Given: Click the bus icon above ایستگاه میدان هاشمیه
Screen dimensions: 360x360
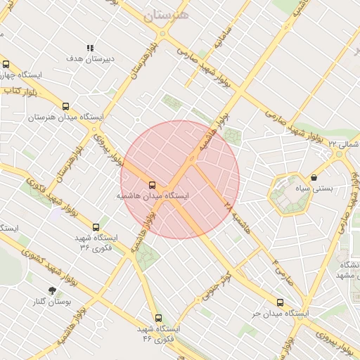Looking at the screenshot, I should [153, 185].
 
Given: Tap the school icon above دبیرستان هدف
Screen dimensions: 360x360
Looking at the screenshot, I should [90, 48].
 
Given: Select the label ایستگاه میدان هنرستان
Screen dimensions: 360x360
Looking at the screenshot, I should [65, 117].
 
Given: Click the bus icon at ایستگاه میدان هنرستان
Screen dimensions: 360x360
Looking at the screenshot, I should [66, 105].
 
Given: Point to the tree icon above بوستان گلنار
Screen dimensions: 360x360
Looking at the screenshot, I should [52, 290].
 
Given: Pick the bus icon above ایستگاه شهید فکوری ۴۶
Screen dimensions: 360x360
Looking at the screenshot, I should [157, 318].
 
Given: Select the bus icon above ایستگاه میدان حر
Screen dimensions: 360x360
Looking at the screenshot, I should [280, 303].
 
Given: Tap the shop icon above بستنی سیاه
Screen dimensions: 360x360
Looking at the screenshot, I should [313, 178].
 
